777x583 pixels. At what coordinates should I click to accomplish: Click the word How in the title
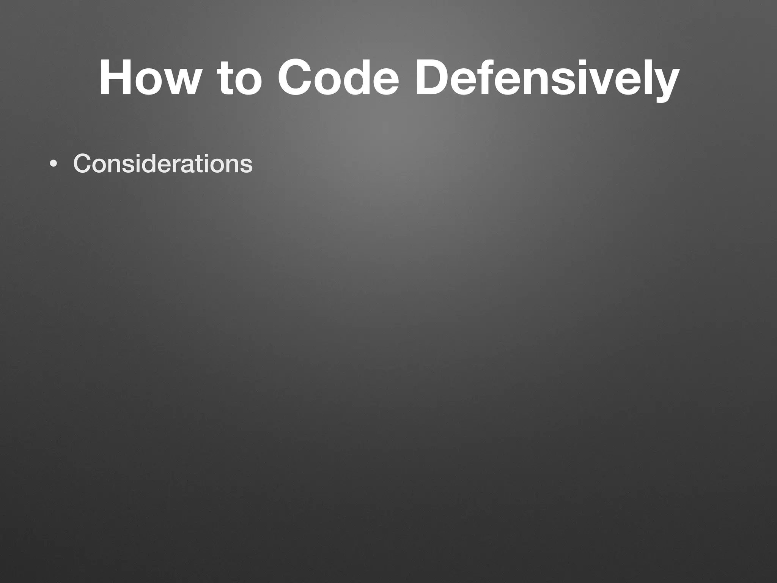(x=148, y=78)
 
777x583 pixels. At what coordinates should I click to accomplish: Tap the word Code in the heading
(x=338, y=78)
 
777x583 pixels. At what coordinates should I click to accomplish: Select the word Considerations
(x=163, y=164)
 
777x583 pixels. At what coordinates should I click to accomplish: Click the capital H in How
(x=116, y=78)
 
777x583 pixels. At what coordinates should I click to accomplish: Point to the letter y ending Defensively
(x=664, y=85)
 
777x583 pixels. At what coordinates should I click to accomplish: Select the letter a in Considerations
(x=197, y=166)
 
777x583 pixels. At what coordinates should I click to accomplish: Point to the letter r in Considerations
(x=188, y=166)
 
